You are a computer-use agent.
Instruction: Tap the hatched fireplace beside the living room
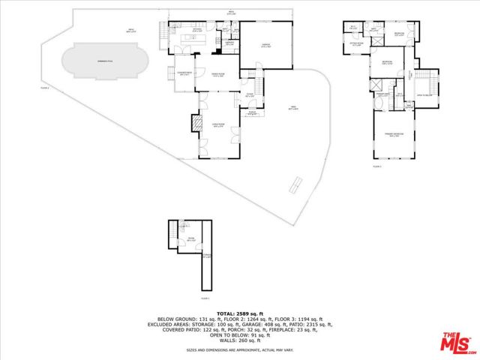pos(198,122)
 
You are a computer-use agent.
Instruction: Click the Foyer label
pos(249,94)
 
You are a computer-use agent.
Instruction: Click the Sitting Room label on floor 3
pos(356,44)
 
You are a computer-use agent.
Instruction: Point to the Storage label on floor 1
pos(207,256)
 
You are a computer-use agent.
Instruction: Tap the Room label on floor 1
pos(190,239)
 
